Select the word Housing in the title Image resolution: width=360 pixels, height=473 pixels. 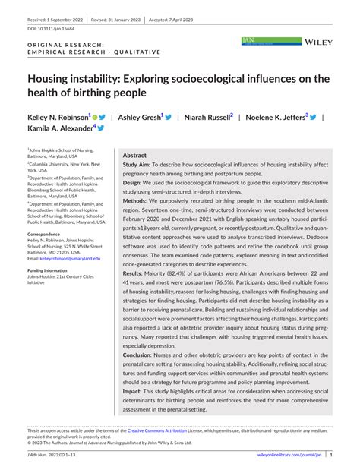coord(52,78)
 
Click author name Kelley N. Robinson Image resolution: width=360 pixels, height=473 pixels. coord(58,118)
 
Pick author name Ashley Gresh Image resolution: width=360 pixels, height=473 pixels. coord(140,118)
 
